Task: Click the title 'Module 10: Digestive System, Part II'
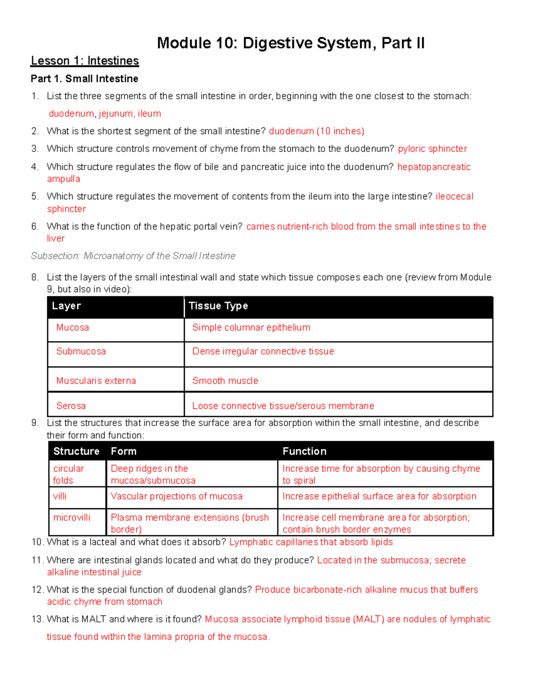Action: pos(291,43)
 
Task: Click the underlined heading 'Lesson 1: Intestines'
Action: pos(85,60)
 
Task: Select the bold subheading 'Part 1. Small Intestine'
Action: pos(84,79)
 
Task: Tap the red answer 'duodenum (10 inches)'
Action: pos(316,131)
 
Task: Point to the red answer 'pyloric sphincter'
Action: pos(432,149)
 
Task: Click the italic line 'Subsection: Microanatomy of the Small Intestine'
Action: pos(133,256)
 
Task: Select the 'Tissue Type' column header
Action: pos(218,306)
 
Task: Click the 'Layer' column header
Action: pos(66,306)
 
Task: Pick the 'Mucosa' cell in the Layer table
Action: pos(72,327)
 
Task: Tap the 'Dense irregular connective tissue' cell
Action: pos(263,351)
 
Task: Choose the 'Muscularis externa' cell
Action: pos(96,381)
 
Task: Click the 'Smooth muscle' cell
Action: pos(225,381)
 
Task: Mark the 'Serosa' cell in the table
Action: pos(71,406)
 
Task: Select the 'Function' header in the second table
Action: pos(304,451)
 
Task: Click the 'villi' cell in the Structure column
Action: pos(60,496)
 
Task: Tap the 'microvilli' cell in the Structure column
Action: pos(72,518)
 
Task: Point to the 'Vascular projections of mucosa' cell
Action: pos(177,496)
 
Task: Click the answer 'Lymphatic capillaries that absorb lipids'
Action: pos(311,542)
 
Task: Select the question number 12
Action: pos(37,590)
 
